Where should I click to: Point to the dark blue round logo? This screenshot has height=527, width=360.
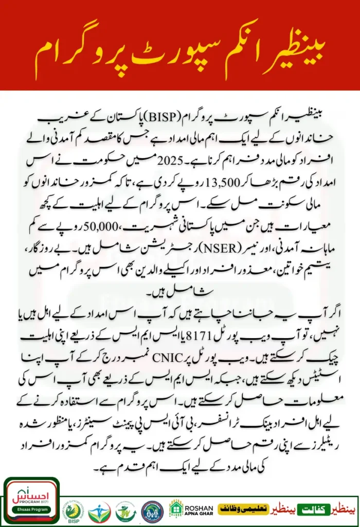(152, 511)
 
